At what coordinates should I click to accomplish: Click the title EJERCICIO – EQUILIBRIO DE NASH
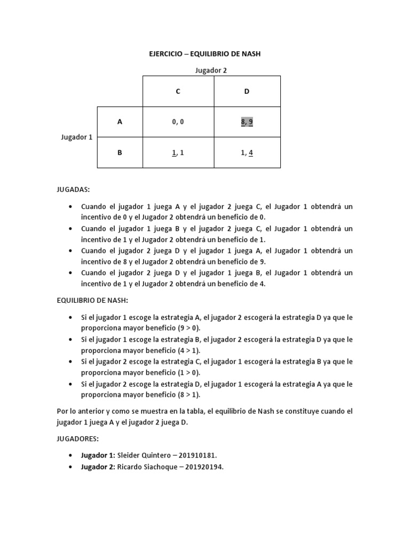(x=204, y=54)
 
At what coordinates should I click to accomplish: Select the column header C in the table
(x=178, y=91)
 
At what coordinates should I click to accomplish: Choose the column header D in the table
(x=247, y=91)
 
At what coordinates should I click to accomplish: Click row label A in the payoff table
(x=120, y=122)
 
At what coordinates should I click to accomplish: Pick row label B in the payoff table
(x=120, y=152)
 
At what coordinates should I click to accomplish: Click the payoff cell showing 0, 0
(x=178, y=122)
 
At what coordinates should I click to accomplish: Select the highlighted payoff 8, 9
(x=247, y=122)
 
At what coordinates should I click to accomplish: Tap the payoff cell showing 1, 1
(x=178, y=152)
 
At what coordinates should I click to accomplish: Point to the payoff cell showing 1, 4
(x=247, y=152)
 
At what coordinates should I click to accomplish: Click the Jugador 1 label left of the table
(x=77, y=137)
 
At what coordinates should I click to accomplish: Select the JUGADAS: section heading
(x=74, y=189)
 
